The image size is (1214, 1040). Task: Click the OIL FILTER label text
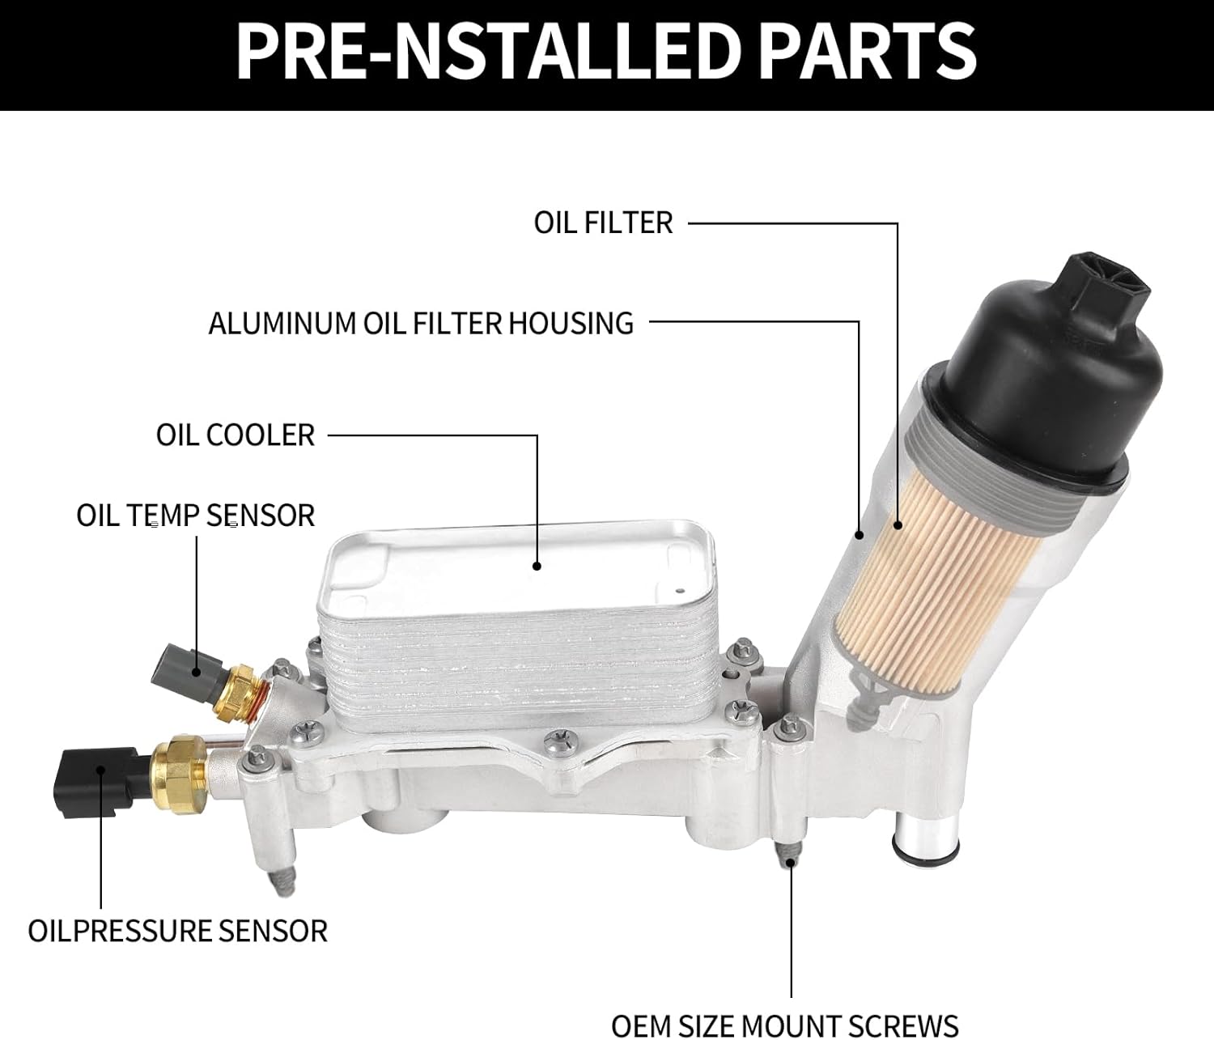[x=603, y=223]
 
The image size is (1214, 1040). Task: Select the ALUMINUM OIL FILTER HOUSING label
[x=421, y=323]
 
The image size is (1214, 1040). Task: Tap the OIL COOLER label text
[x=235, y=435]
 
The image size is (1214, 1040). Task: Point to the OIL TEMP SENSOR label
[x=195, y=516]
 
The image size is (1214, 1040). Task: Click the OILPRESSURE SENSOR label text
[x=177, y=931]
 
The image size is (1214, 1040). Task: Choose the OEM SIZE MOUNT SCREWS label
[x=784, y=1025]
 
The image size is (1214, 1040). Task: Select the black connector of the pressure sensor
[x=89, y=779]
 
